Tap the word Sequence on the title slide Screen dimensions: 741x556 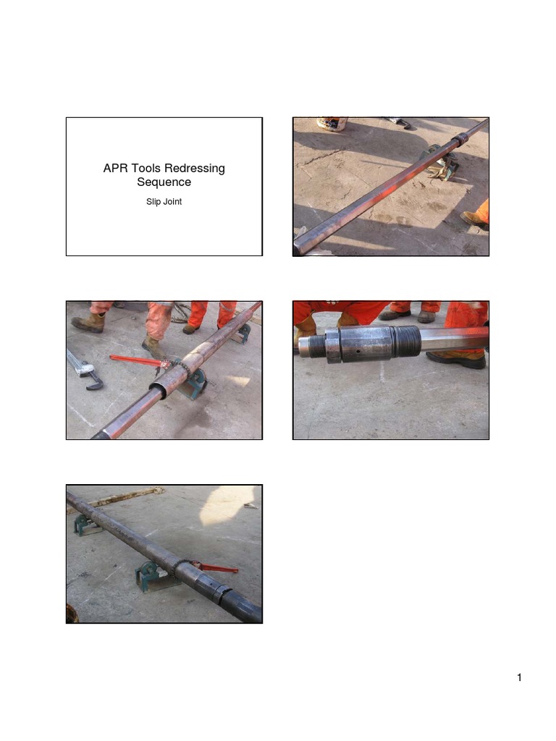coord(164,182)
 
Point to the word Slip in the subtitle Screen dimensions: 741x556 coord(153,202)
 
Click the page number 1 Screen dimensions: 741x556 coord(519,678)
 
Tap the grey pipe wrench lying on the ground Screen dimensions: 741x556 coord(85,369)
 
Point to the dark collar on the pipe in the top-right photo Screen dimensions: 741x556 coord(458,139)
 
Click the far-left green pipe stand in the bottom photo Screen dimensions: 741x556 coord(86,525)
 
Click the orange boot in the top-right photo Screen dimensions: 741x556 coord(477,216)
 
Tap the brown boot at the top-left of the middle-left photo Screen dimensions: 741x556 coord(88,323)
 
